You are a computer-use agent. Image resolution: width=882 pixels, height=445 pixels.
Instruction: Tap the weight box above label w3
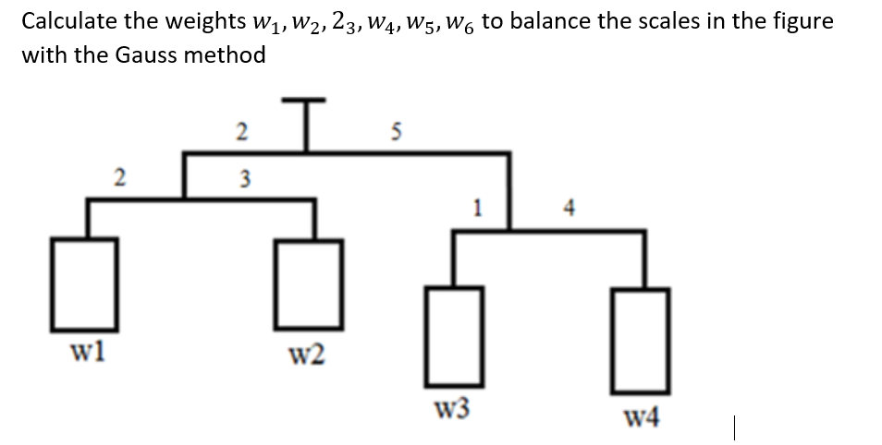click(454, 336)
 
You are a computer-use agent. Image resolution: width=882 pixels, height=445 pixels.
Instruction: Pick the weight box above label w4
click(640, 336)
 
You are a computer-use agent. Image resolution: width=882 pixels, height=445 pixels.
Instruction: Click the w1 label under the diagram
click(88, 352)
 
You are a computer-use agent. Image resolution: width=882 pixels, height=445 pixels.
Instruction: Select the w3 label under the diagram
click(454, 407)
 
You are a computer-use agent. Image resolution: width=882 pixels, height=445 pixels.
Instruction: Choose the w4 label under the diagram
click(642, 421)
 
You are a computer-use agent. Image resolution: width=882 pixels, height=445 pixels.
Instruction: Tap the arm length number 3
click(241, 177)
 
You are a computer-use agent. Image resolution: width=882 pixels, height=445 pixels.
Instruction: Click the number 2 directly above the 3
click(241, 131)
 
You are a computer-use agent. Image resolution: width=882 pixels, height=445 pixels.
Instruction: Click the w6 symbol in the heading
click(455, 23)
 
